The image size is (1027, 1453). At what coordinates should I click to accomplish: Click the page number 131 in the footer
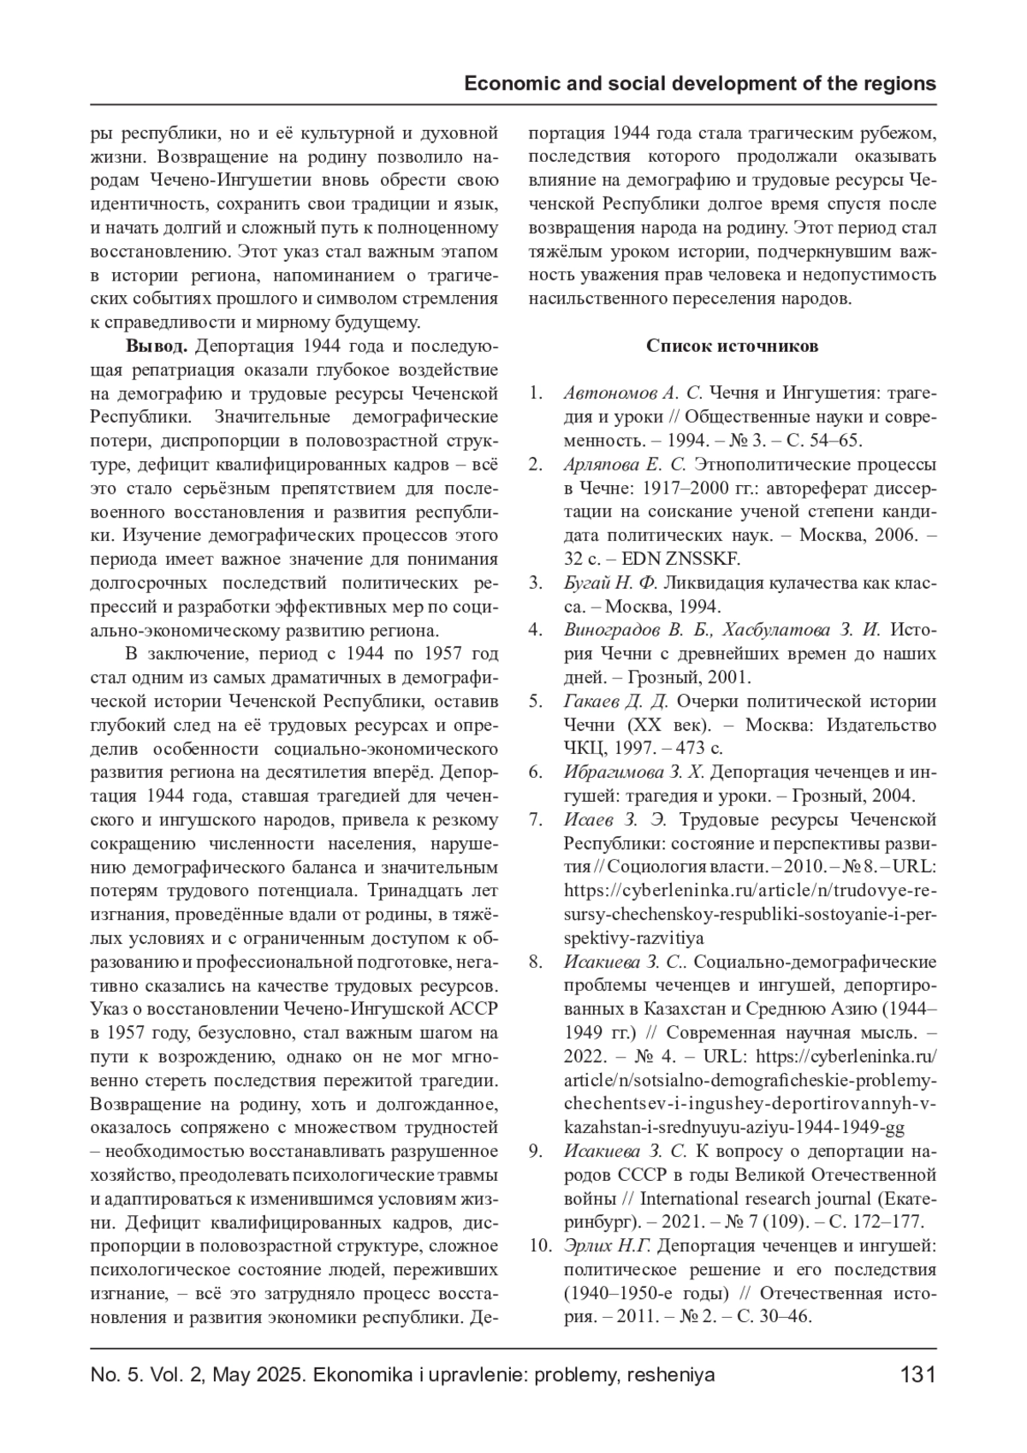917,1375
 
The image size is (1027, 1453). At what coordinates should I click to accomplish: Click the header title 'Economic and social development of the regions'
700,84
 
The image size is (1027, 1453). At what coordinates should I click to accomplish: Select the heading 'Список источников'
732,346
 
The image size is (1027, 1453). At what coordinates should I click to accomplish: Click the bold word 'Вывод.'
157,346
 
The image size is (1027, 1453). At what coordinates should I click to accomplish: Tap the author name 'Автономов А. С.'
632,393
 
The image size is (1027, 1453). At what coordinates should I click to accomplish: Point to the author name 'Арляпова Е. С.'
626,465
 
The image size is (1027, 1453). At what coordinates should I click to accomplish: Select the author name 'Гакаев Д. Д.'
615,701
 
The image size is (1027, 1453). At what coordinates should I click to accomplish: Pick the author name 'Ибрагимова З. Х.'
633,772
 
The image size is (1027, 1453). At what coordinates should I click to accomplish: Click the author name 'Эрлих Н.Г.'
608,1244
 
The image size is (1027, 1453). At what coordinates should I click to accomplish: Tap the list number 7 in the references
536,819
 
